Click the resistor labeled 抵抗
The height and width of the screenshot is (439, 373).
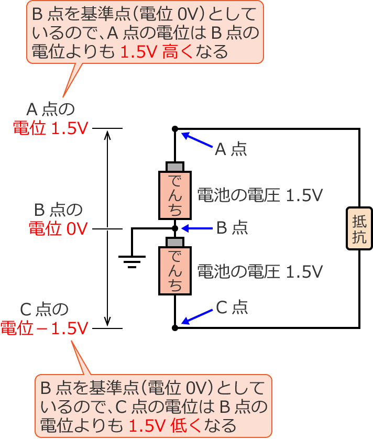359,229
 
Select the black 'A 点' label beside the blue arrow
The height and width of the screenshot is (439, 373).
231,150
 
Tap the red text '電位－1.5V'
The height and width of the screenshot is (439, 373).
45,328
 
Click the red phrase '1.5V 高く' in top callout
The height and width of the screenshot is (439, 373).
156,52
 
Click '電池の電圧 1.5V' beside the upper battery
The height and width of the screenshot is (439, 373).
259,195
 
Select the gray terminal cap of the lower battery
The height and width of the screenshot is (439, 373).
175,243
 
